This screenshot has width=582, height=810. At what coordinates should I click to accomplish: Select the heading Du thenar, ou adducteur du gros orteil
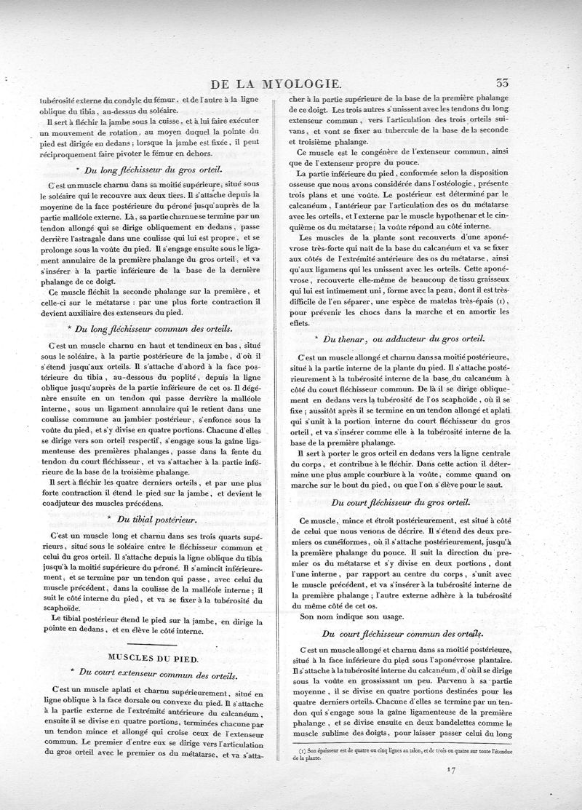click(x=400, y=340)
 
